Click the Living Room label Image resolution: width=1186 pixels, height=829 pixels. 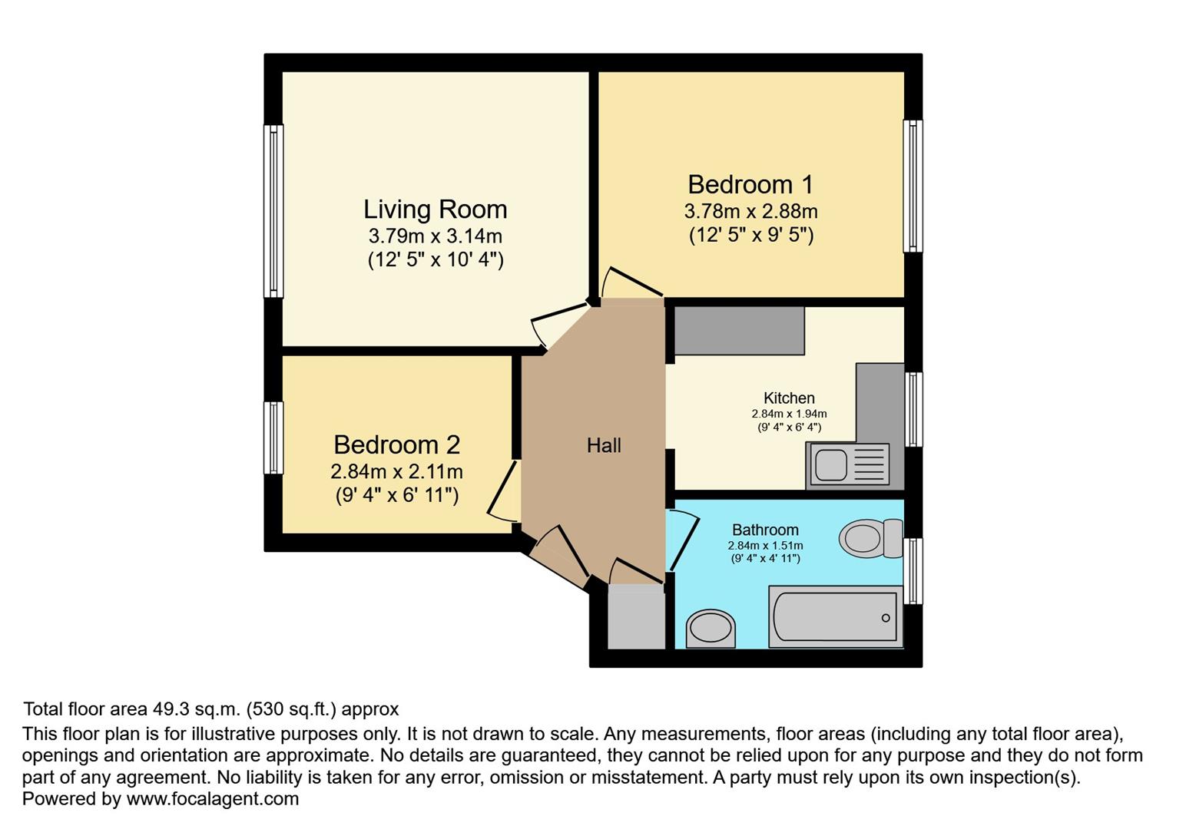click(x=435, y=210)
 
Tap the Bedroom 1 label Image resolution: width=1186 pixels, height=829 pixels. click(x=750, y=185)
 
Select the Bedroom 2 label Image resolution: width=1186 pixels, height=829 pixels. click(x=396, y=445)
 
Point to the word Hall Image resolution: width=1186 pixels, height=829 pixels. click(x=604, y=446)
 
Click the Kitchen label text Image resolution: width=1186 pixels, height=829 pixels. click(x=789, y=398)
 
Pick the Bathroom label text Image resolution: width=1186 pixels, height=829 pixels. click(x=765, y=530)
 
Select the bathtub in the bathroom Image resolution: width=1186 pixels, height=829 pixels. click(x=835, y=616)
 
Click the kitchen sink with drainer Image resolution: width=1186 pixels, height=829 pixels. click(x=847, y=464)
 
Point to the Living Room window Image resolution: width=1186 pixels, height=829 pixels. click(x=273, y=211)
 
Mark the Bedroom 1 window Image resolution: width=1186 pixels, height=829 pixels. click(x=913, y=187)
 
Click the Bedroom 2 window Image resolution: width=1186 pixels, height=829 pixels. click(x=273, y=438)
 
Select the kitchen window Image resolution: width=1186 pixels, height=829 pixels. click(x=913, y=409)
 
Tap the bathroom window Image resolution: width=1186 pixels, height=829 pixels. click(x=913, y=571)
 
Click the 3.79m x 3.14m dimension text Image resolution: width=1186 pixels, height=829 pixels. click(x=435, y=236)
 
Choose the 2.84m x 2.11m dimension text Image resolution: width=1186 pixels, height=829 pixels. click(x=396, y=471)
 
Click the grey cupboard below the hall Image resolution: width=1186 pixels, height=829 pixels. click(x=636, y=618)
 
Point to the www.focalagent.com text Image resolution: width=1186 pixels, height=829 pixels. click(x=212, y=799)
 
